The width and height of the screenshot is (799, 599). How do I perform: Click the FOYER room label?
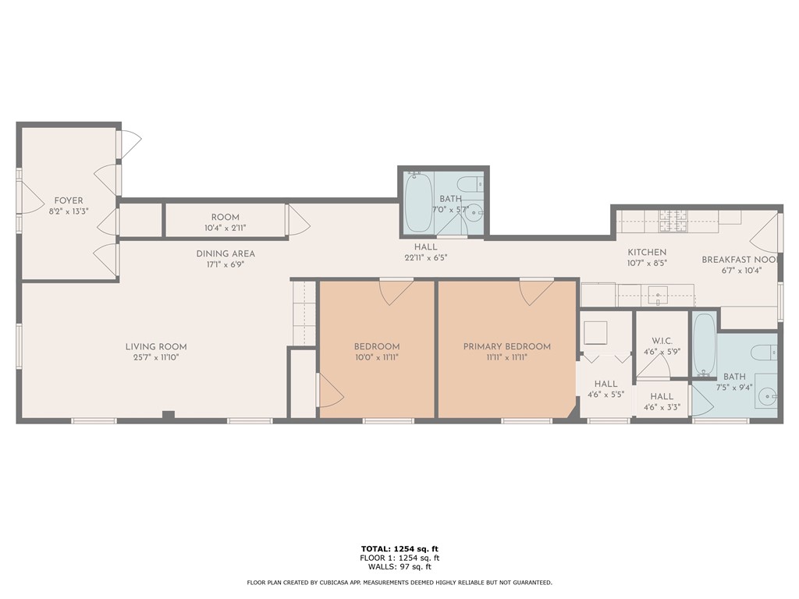click(69, 200)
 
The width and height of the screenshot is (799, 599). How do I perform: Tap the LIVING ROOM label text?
click(156, 347)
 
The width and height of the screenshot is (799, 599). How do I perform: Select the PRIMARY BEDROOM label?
click(506, 347)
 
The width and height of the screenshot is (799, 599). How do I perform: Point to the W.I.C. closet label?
click(662, 341)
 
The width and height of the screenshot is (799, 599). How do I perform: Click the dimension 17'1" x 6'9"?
click(225, 264)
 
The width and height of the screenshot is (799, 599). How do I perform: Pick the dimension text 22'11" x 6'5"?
click(425, 257)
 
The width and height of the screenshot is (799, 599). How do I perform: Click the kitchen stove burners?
click(671, 221)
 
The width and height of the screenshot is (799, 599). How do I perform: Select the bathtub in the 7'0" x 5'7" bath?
click(419, 202)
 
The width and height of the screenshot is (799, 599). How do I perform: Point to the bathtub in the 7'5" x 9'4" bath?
click(704, 343)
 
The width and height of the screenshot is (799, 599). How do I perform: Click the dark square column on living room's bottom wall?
click(168, 415)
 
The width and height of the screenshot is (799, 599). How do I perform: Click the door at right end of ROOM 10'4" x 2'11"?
click(297, 220)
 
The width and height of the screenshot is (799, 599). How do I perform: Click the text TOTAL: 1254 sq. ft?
click(399, 548)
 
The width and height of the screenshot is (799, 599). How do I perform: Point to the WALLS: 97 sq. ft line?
click(399, 567)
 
